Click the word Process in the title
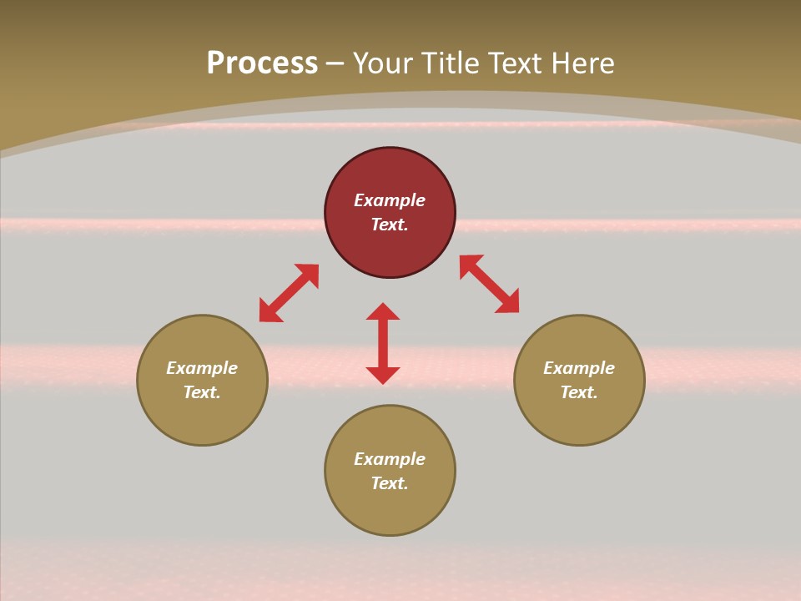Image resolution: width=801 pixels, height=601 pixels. click(262, 63)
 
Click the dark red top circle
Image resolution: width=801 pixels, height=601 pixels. click(390, 171)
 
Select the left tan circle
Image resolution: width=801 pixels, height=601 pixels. click(202, 417)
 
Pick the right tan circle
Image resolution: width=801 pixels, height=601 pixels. click(579, 417)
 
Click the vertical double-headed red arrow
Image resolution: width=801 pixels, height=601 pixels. click(383, 344)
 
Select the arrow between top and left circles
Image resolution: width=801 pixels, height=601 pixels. click(289, 293)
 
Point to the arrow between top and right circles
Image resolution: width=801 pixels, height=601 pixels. click(489, 284)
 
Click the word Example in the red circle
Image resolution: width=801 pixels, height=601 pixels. click(390, 200)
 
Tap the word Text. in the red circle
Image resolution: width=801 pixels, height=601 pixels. click(390, 225)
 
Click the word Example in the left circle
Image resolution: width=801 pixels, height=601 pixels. click(202, 368)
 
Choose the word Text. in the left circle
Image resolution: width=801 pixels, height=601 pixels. click(202, 392)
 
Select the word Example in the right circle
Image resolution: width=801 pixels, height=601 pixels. click(579, 368)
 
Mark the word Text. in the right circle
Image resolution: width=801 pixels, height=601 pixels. click(579, 392)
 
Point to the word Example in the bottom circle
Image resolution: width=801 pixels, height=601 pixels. click(390, 459)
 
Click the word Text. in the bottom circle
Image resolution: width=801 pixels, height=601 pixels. click(390, 483)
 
